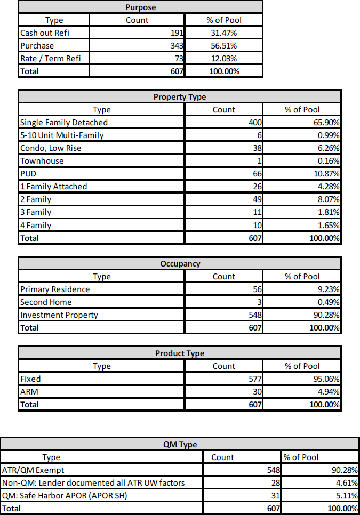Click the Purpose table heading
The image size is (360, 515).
(x=140, y=7)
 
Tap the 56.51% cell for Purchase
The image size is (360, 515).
(x=224, y=46)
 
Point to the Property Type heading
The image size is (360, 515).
(x=180, y=97)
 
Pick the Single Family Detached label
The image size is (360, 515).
(x=64, y=123)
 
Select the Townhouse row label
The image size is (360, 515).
(x=42, y=161)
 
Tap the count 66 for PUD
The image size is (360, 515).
(x=256, y=174)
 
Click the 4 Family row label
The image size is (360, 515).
(x=36, y=225)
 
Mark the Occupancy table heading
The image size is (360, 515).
(x=180, y=264)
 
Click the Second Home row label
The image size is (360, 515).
(x=46, y=302)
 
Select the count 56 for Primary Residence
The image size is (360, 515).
(x=256, y=289)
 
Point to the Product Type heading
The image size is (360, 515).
(x=180, y=353)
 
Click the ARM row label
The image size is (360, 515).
(x=29, y=392)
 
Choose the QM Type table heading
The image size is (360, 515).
(x=180, y=445)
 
